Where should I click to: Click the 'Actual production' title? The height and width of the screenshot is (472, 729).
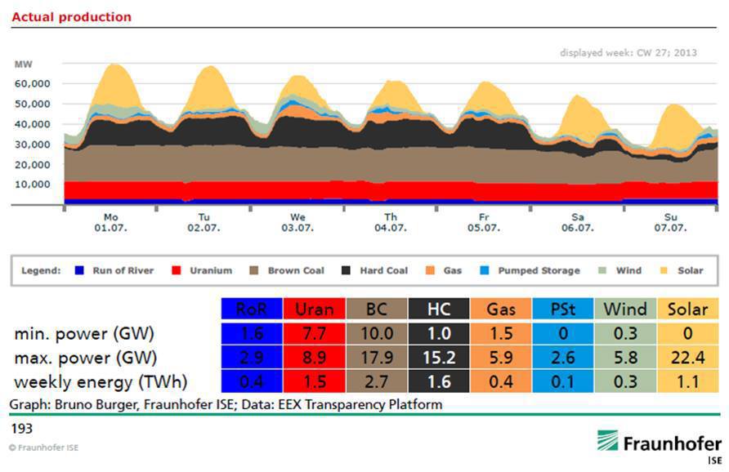[71, 16]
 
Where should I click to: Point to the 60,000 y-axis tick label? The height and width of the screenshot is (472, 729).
[34, 83]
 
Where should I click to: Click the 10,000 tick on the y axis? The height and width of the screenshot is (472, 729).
[34, 184]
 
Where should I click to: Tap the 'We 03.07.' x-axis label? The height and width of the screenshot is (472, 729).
[297, 222]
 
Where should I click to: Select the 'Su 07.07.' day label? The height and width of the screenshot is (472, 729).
[670, 222]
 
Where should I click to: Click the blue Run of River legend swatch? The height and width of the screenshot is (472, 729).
[78, 270]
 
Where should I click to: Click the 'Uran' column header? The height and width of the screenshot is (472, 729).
[313, 309]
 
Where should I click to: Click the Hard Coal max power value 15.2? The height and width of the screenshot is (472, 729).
[438, 357]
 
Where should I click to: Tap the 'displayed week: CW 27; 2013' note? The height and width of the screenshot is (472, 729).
[628, 52]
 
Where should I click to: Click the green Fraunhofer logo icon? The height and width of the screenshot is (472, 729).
[608, 442]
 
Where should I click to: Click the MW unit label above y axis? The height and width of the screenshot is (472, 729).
[22, 64]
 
